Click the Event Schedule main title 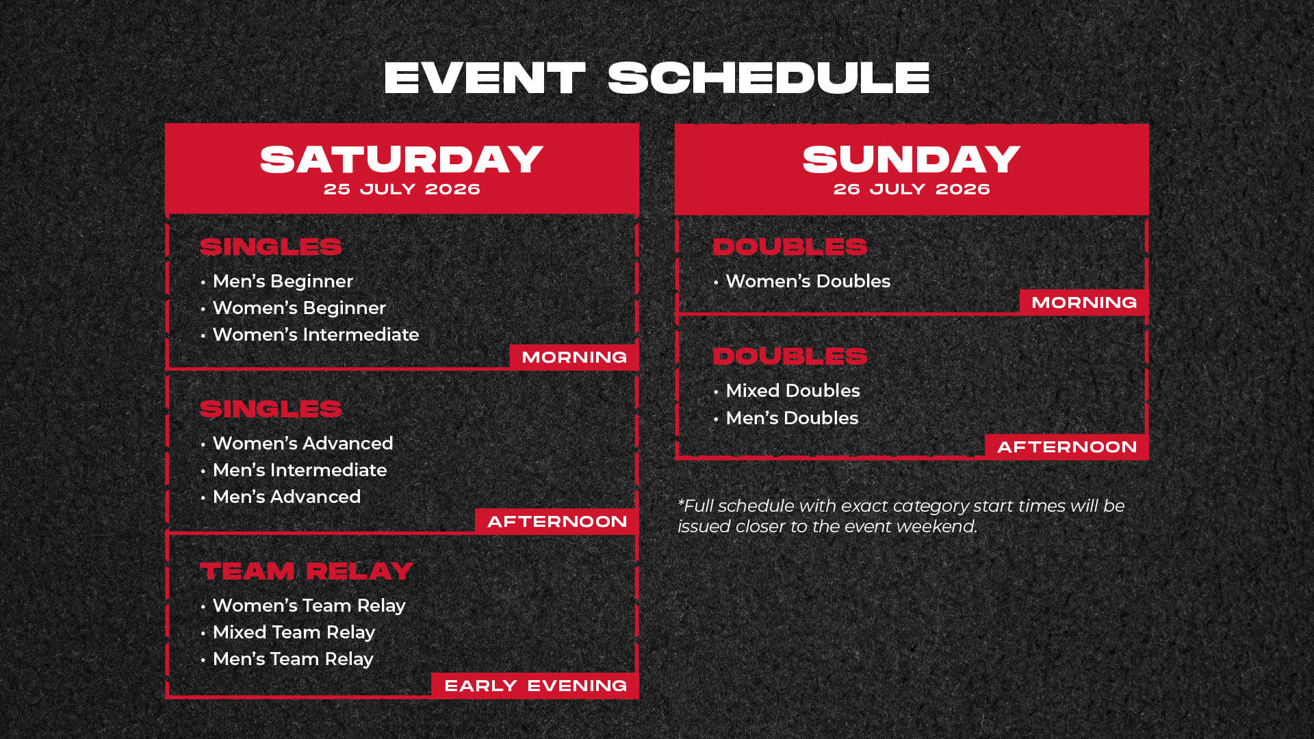point(657,78)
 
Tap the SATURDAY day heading point(402,159)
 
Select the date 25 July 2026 point(402,190)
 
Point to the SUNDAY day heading point(912,159)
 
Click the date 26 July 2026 point(912,190)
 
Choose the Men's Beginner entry point(283,281)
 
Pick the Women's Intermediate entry point(315,335)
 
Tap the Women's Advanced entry point(302,443)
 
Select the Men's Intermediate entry point(300,470)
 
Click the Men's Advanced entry point(287,497)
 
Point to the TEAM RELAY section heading point(307,571)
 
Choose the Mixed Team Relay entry point(294,632)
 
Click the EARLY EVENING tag point(535,686)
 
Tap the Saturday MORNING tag point(574,357)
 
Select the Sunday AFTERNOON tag point(1067,447)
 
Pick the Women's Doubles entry point(808,281)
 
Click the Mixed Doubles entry point(793,391)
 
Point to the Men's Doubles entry point(792,418)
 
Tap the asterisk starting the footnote point(681,502)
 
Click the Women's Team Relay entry point(309,606)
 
